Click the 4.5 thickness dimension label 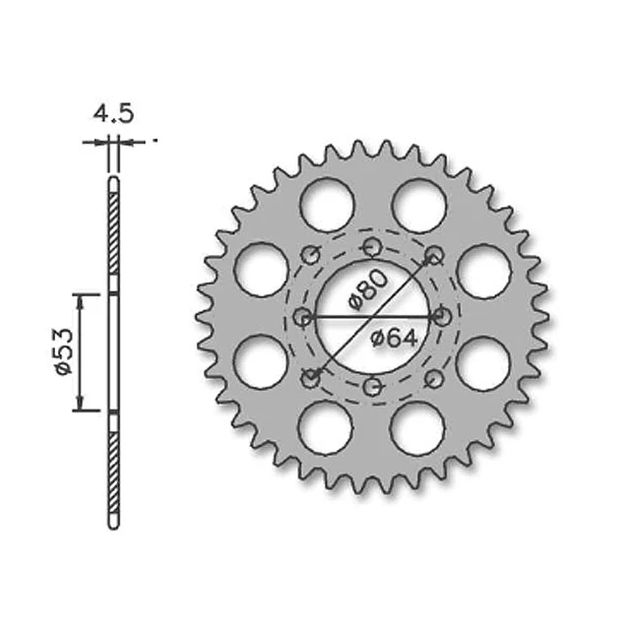point(113,114)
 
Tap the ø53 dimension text point(64,352)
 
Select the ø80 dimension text point(368,289)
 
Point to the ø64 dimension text point(394,339)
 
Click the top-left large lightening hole point(327,205)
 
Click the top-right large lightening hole point(419,206)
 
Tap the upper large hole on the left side point(262,270)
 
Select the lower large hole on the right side point(483,363)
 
